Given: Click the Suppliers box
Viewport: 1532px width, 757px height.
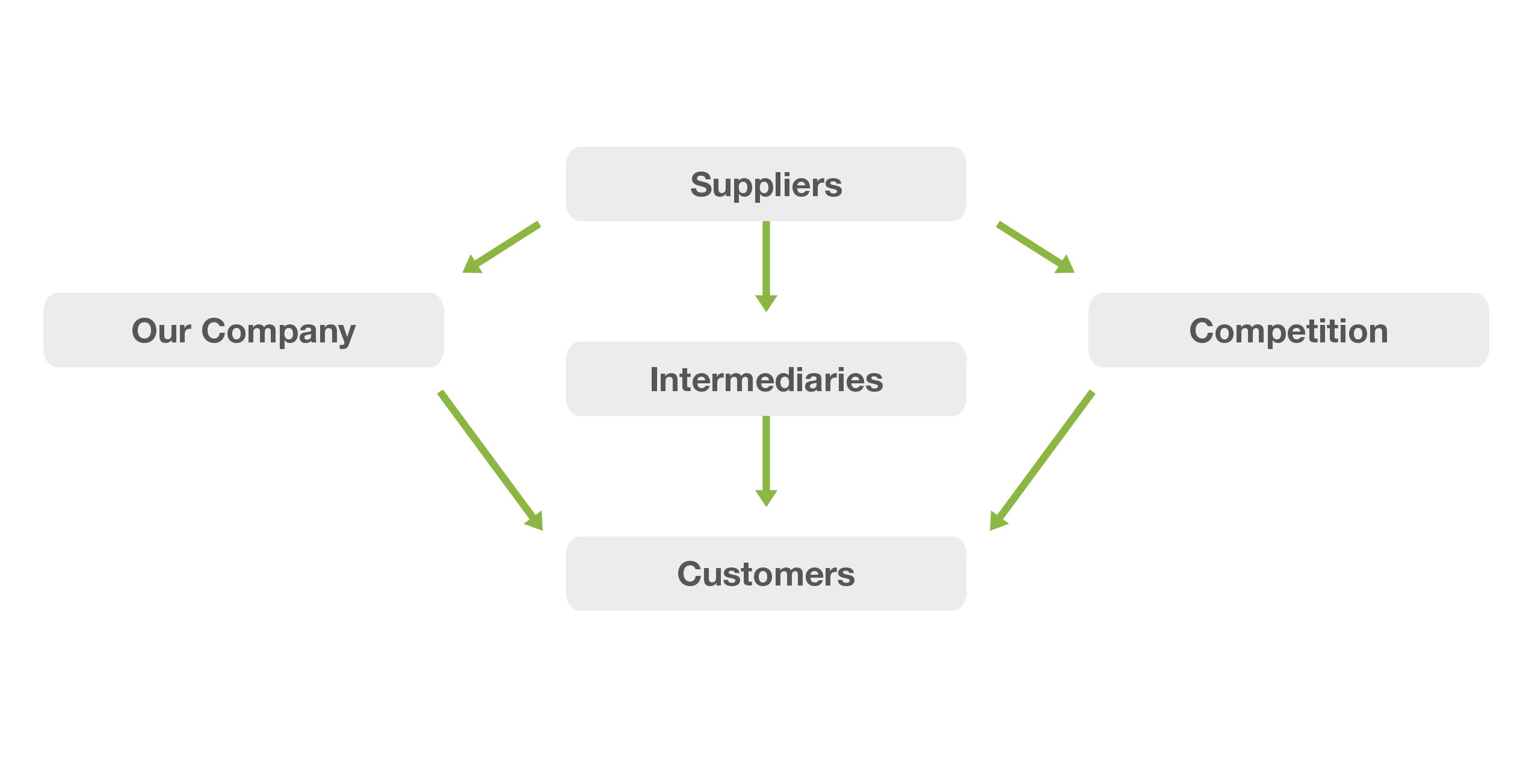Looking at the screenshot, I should [x=765, y=184].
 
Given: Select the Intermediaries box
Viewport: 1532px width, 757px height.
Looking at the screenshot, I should [x=765, y=379].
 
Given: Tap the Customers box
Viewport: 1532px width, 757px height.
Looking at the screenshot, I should [x=765, y=573].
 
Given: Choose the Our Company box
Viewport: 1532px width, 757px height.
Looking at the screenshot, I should [x=244, y=330].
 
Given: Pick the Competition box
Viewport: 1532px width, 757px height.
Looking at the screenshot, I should [x=1288, y=330].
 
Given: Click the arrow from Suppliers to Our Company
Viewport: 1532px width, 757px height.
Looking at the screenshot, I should [x=502, y=247].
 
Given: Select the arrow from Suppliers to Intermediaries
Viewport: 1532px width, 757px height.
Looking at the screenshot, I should [x=766, y=265].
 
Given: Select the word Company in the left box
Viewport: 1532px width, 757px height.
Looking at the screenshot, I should [x=278, y=332].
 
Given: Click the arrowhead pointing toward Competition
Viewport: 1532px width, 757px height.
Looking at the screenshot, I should [x=1066, y=265].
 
